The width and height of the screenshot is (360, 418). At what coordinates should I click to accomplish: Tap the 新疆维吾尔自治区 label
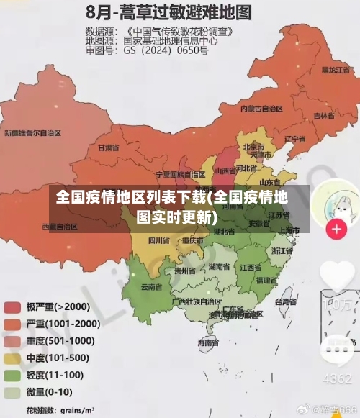32,132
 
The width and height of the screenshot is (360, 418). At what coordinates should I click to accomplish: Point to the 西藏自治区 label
59,226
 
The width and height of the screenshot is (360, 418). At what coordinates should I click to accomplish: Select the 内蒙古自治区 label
261,109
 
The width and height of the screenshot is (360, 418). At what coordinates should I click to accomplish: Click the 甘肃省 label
107,147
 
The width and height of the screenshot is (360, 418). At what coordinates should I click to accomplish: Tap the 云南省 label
150,287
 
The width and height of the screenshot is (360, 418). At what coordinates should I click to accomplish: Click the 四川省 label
158,240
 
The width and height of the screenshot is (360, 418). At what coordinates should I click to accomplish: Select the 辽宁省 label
295,139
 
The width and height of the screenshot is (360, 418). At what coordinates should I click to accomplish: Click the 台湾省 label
287,303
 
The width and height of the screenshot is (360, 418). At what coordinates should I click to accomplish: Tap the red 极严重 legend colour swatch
12,306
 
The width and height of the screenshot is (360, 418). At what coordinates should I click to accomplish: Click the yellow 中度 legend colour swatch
12,358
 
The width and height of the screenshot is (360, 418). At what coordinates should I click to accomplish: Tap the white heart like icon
337,275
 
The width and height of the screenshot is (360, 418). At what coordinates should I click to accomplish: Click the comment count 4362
336,378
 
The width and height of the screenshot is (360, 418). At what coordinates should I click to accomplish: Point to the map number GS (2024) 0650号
166,51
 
